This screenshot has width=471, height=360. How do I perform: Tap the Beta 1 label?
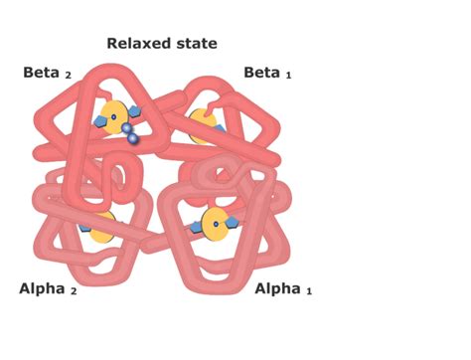(x=267, y=73)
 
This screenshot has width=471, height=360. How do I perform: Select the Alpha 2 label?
(x=46, y=288)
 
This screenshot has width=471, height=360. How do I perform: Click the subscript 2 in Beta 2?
(x=69, y=76)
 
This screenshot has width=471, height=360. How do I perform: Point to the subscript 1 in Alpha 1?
(x=308, y=291)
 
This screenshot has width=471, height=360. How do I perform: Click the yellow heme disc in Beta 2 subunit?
(x=113, y=117)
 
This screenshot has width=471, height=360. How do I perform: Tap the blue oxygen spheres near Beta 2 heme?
(x=131, y=132)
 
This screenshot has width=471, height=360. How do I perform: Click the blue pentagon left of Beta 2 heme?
(x=99, y=122)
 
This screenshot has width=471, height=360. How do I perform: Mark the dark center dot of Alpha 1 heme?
(x=215, y=224)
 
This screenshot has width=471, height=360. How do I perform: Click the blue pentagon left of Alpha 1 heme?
(x=197, y=228)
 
